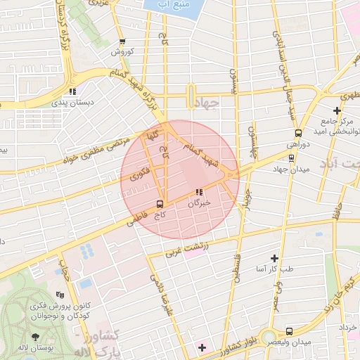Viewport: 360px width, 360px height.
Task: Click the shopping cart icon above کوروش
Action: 122,41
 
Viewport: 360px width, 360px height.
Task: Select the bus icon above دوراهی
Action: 298,132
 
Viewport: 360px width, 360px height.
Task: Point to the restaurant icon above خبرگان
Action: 199,191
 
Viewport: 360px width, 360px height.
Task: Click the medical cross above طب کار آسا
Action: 275,258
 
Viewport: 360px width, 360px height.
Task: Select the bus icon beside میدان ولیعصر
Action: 289,330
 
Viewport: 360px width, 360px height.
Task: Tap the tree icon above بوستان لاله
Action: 35,337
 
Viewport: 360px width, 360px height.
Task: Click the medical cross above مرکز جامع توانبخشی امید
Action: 337,110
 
